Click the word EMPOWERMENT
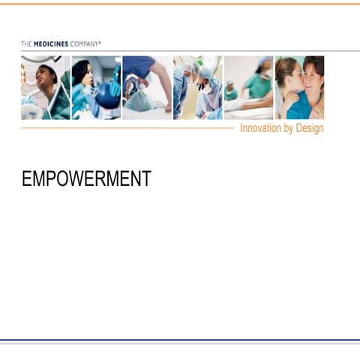pos(86,178)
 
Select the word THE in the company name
pos(26,44)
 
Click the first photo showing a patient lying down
pos(45,88)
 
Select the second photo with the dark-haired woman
pos(96,88)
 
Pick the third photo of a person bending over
pos(147,88)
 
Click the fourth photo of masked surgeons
pos(197,88)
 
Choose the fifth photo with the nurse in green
pos(248,88)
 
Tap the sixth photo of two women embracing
pos(300,88)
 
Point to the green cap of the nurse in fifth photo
pos(263,61)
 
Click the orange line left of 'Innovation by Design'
pos(127,128)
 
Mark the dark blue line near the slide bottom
pos(180,340)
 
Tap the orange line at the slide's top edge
pos(180,4)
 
